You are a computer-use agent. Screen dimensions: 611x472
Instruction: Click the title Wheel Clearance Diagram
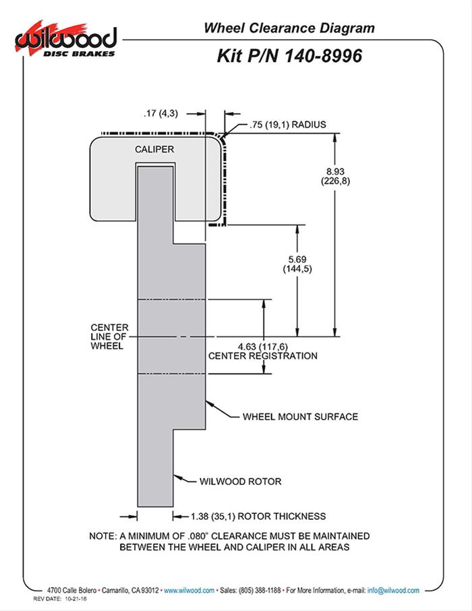click(289, 28)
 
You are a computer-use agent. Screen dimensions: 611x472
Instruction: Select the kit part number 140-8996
click(320, 55)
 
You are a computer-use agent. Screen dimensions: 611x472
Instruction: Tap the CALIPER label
click(155, 148)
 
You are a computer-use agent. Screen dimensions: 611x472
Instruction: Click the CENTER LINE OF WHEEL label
click(109, 337)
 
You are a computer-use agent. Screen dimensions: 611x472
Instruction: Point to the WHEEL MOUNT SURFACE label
click(300, 417)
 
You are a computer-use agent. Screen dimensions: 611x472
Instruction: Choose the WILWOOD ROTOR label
click(240, 482)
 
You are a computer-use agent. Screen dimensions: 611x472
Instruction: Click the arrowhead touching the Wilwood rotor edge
click(176, 477)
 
